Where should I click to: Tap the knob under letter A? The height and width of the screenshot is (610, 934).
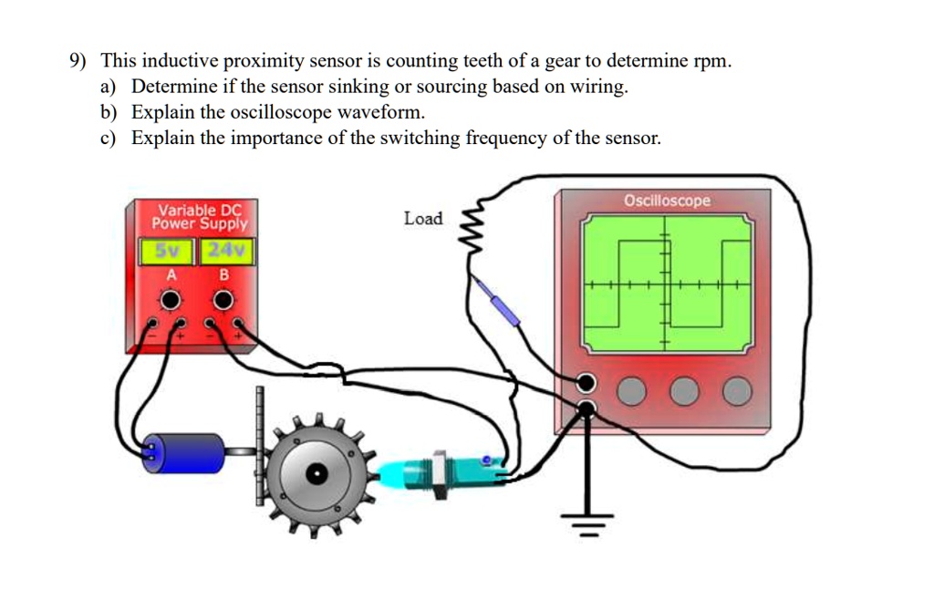click(x=170, y=300)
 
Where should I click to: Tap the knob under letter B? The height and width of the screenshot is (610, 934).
click(x=223, y=300)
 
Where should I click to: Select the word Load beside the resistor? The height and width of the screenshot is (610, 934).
click(x=422, y=219)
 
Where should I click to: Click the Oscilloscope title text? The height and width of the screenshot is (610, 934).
click(x=667, y=201)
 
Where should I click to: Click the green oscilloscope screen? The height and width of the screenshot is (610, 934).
click(x=669, y=284)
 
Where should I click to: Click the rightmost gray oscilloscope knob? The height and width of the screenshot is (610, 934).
click(x=737, y=392)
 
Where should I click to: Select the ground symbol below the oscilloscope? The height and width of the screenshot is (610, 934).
click(x=587, y=523)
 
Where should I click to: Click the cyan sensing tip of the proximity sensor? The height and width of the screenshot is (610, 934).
click(x=395, y=473)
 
